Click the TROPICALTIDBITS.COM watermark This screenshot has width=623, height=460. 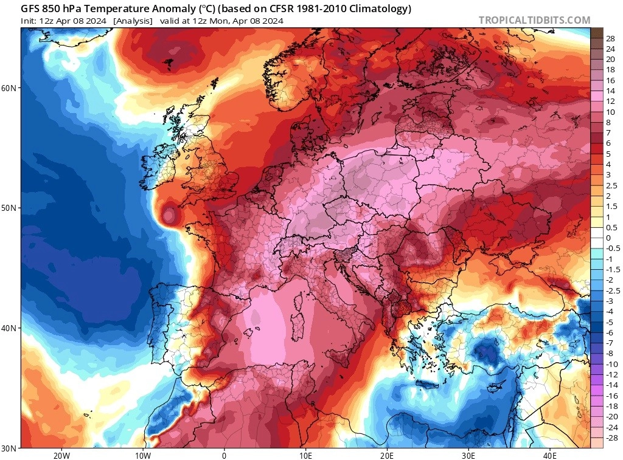[x=534, y=20]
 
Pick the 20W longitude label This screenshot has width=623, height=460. [x=61, y=455]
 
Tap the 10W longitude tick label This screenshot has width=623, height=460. [x=142, y=455]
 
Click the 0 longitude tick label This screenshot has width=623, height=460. [x=224, y=455]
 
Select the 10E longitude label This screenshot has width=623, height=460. [x=305, y=455]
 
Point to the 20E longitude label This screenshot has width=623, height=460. [x=387, y=455]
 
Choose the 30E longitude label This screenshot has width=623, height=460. [x=468, y=455]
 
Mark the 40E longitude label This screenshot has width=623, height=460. [x=550, y=455]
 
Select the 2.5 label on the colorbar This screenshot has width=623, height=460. [x=611, y=186]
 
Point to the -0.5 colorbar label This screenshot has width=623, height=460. [x=612, y=249]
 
